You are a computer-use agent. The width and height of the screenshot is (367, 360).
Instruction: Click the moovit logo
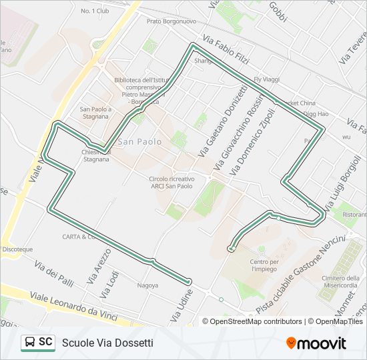click(x=316, y=343)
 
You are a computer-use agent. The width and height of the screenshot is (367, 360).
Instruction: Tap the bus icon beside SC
click(x=30, y=343)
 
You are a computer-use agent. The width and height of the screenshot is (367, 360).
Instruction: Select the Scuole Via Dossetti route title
click(x=107, y=343)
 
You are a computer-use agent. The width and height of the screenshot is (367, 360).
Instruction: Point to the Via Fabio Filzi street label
click(x=227, y=51)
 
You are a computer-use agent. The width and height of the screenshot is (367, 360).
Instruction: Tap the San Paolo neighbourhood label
click(x=139, y=142)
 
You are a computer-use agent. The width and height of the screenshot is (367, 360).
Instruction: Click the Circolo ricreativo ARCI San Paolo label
click(x=171, y=183)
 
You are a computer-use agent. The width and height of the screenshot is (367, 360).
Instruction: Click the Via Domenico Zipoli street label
click(x=252, y=142)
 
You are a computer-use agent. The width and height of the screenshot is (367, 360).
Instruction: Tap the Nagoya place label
click(x=147, y=285)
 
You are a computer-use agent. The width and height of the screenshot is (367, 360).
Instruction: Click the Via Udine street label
click(x=181, y=305)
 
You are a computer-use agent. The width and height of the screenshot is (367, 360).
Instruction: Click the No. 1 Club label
click(x=94, y=11)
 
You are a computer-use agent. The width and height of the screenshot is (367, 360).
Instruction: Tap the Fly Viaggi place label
click(x=266, y=79)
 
